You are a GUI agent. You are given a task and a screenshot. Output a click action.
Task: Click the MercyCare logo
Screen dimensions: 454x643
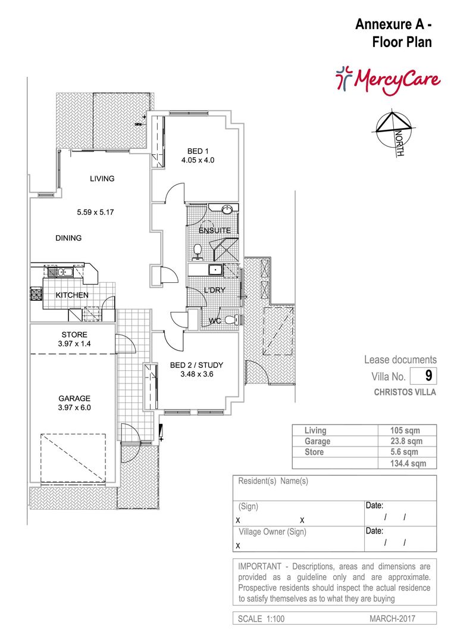coord(387,80)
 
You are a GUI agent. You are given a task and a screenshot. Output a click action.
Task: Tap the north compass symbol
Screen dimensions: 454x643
coord(393,132)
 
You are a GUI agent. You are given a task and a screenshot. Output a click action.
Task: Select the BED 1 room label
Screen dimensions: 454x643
coord(198,151)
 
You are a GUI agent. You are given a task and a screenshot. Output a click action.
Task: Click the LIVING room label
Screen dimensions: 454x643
coord(102,179)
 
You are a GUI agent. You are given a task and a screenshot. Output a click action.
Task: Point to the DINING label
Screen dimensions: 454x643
coord(68,238)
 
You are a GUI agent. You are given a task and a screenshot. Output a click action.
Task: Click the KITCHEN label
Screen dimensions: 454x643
coord(72,295)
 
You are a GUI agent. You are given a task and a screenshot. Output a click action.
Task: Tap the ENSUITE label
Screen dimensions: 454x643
coord(215,230)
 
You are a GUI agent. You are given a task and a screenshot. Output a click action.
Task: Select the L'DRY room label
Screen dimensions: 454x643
coord(215,290)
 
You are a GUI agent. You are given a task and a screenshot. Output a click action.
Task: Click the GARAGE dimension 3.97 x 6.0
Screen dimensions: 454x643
coord(74,408)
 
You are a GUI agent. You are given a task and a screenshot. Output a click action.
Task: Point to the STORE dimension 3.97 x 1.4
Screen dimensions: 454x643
coord(74,344)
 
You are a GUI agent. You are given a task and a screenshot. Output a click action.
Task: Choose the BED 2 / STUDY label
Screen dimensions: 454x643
coord(197,365)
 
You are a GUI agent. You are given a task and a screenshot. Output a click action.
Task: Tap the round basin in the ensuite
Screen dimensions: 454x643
coord(227,210)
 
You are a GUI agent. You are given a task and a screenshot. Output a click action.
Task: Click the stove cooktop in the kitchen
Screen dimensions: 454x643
coord(36,295)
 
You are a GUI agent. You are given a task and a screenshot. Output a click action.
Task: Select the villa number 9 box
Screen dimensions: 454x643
coord(424,376)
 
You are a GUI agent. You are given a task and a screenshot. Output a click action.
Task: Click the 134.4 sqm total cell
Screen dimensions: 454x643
coord(408,463)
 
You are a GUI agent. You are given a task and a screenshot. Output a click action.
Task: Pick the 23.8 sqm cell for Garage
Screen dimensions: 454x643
coord(406,441)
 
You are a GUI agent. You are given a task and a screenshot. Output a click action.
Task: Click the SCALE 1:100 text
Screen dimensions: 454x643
coord(261,619)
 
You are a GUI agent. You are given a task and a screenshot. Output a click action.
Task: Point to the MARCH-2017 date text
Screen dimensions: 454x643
coord(392,619)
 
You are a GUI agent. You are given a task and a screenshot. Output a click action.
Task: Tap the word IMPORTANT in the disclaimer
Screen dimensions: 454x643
coord(260,566)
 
